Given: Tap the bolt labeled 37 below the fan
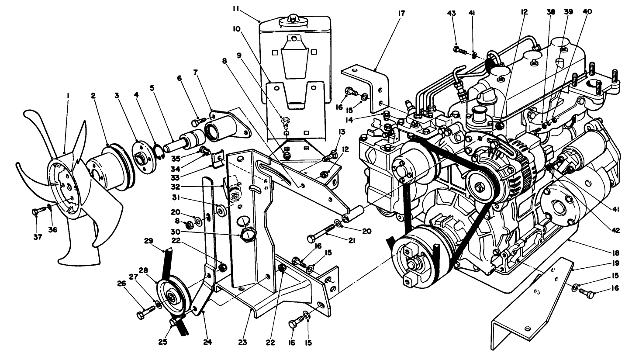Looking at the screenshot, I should tap(37, 212).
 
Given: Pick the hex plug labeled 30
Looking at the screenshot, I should tap(247, 236).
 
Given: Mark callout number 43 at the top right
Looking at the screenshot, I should tap(452, 14).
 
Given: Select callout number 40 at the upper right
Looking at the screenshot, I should tap(587, 12).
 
